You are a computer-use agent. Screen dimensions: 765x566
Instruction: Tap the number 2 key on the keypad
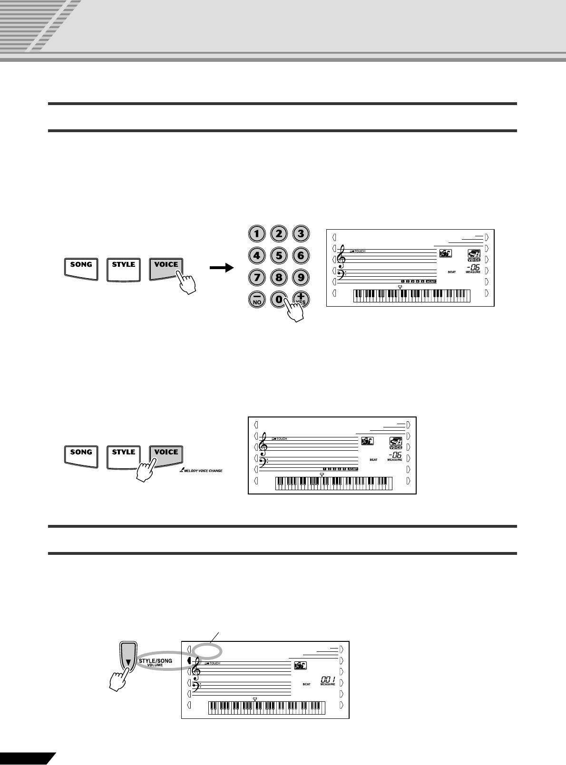pos(279,233)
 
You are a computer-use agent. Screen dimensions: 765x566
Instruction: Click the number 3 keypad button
pos(301,233)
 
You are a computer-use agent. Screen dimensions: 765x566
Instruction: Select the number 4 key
pos(257,255)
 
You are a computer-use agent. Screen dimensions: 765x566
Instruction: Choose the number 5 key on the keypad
pos(279,255)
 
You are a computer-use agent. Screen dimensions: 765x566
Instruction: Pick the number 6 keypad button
pos(301,255)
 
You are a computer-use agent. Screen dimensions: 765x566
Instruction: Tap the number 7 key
pos(257,277)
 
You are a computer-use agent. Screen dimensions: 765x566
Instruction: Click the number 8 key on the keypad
pos(279,277)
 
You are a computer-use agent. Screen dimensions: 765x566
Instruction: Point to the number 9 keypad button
pos(301,277)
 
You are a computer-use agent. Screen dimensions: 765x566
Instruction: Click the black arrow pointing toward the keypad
pos(222,269)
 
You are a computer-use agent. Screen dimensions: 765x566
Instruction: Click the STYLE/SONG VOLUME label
pos(155,662)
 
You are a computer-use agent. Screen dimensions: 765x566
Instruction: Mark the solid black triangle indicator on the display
pos(189,661)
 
